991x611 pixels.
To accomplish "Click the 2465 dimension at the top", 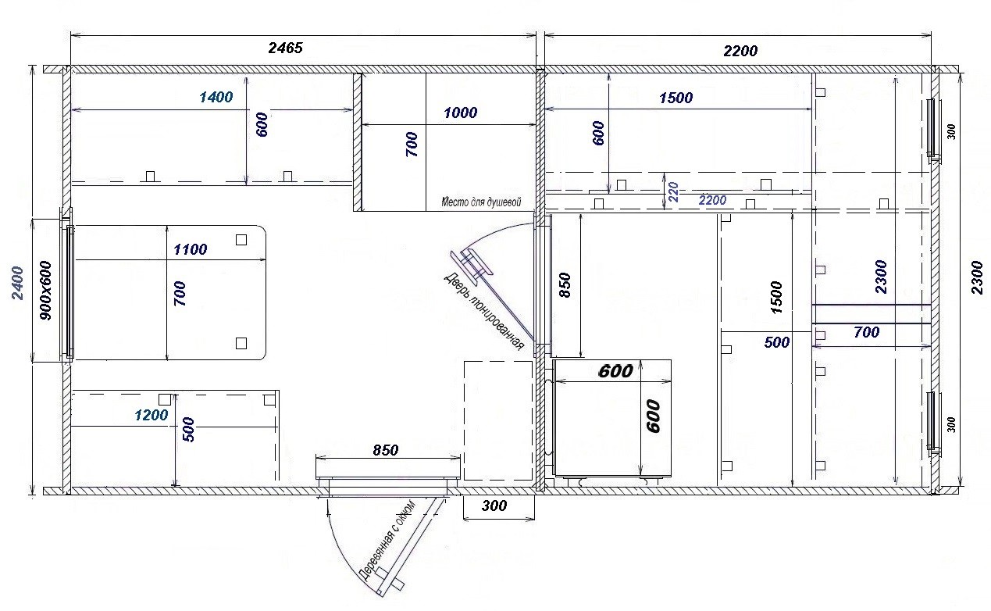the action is pyautogui.click(x=285, y=48).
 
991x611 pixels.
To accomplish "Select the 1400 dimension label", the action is pyautogui.click(x=216, y=97).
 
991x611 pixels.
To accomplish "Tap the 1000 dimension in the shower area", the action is pyautogui.click(x=460, y=113).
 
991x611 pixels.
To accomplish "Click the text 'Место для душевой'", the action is pyautogui.click(x=481, y=202).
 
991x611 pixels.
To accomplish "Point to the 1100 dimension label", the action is pyautogui.click(x=191, y=249).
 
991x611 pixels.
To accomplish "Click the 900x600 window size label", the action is pyautogui.click(x=45, y=290).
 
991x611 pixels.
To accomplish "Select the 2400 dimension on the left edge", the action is pyautogui.click(x=17, y=284).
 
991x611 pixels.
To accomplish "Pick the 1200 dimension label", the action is pyautogui.click(x=152, y=415).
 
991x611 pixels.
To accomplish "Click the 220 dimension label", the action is pyautogui.click(x=673, y=192).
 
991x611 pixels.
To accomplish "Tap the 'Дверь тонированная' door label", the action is pyautogui.click(x=483, y=311).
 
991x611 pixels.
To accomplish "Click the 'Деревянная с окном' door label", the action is pyautogui.click(x=387, y=540).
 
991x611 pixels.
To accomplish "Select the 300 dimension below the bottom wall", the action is pyautogui.click(x=494, y=506).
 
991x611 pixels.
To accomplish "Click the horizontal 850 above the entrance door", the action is pyautogui.click(x=385, y=450).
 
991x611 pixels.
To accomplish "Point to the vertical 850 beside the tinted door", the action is pyautogui.click(x=565, y=285).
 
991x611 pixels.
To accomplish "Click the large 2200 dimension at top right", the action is pyautogui.click(x=740, y=51).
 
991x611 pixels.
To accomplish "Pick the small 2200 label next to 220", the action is pyautogui.click(x=712, y=200).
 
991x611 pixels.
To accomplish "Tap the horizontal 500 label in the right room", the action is pyautogui.click(x=777, y=341).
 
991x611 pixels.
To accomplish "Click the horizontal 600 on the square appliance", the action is pyautogui.click(x=615, y=371).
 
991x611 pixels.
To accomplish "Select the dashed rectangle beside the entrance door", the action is pyautogui.click(x=498, y=420).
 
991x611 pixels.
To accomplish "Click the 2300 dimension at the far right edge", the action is pyautogui.click(x=977, y=277).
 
